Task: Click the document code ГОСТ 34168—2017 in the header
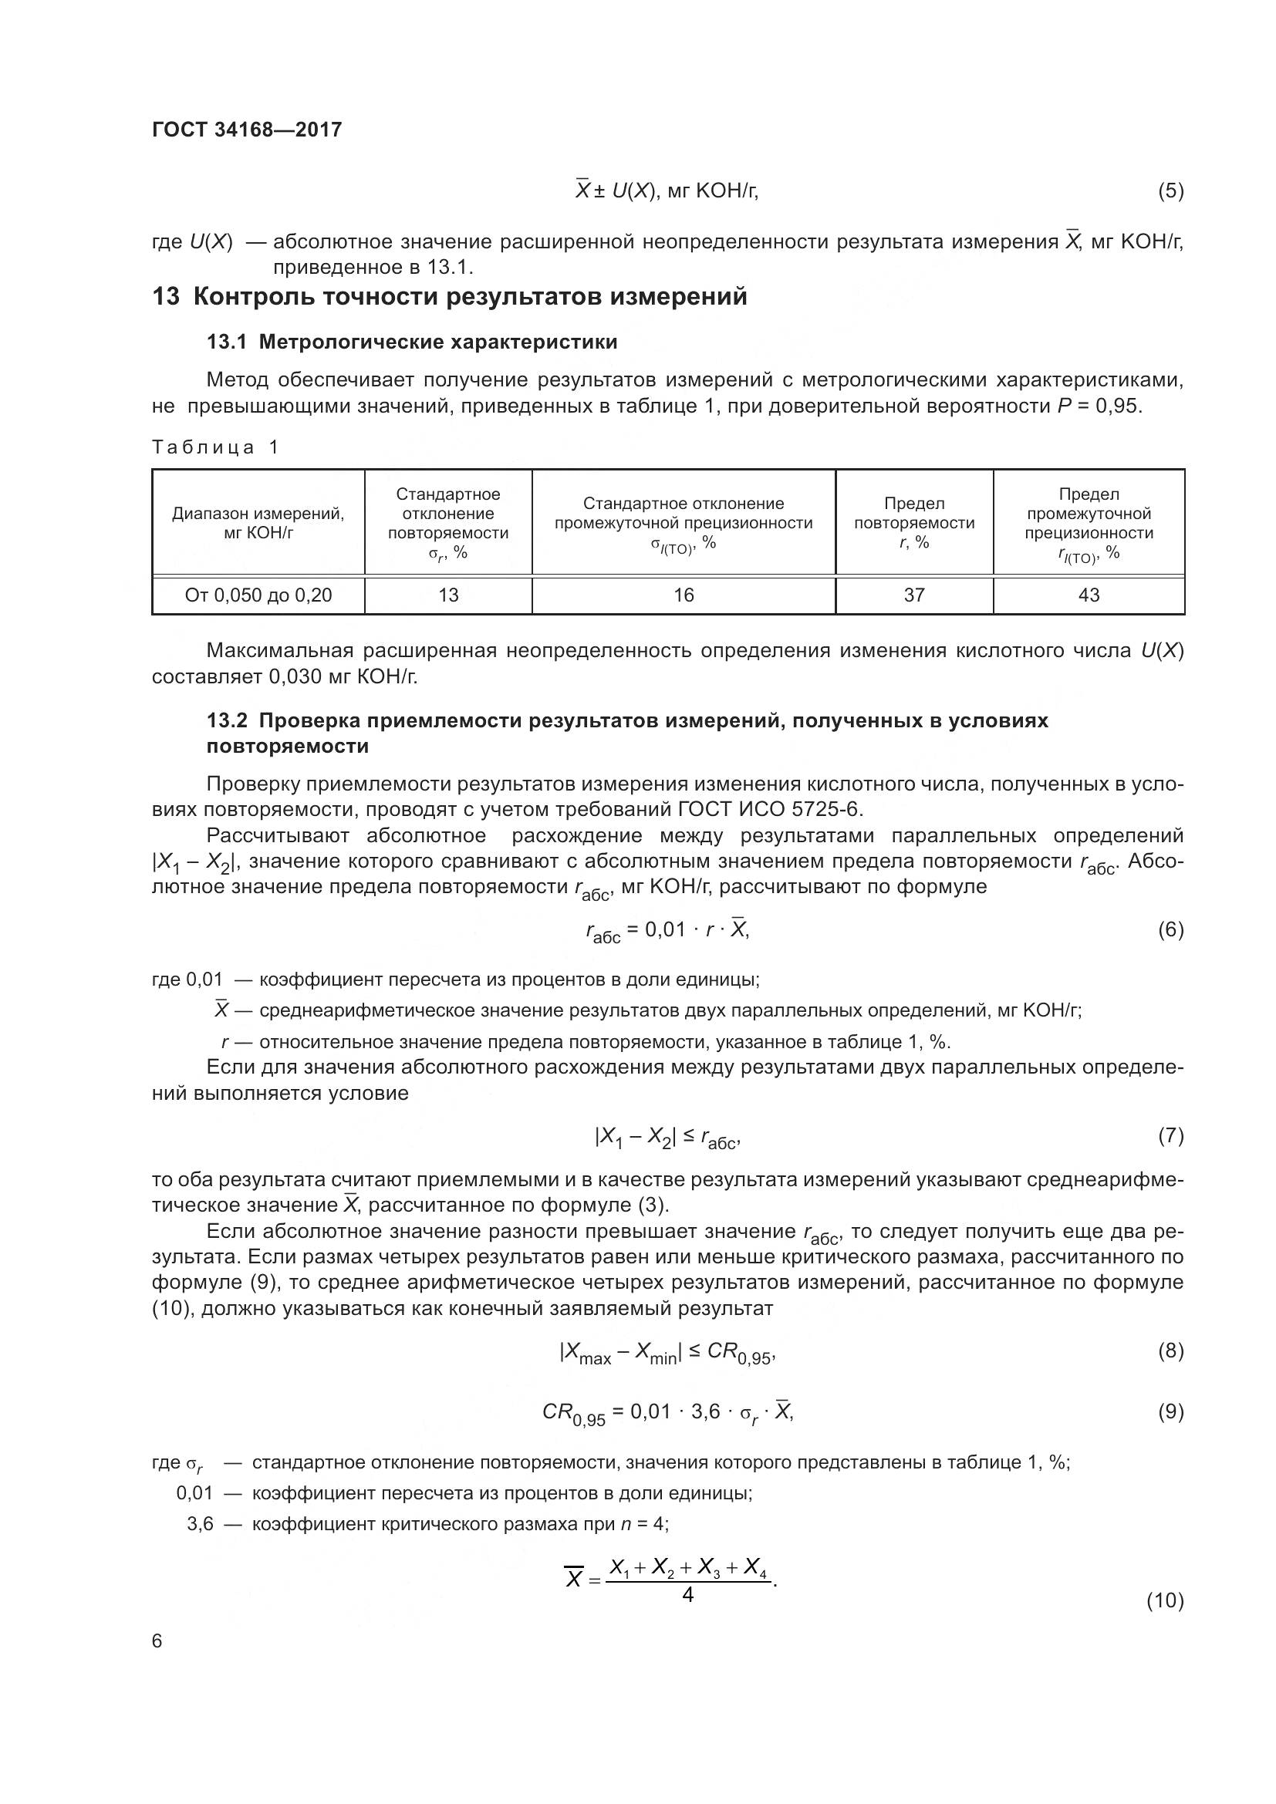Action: [x=247, y=130]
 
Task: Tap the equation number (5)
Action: [x=1170, y=191]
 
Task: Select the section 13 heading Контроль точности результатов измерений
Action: [x=449, y=297]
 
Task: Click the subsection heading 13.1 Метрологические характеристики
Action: [x=412, y=342]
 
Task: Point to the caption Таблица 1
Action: [x=214, y=447]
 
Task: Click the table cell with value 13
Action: [x=448, y=595]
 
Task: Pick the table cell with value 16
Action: [x=684, y=595]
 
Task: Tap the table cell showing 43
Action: [x=1089, y=595]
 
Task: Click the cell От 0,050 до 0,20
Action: [x=258, y=595]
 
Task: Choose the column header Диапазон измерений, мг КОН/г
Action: [x=258, y=522]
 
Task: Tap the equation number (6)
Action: [x=1170, y=930]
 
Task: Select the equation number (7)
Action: [x=1170, y=1136]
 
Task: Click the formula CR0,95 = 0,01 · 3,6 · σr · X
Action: [x=668, y=1413]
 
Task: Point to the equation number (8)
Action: [x=1170, y=1351]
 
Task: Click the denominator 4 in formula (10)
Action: [x=687, y=1595]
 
